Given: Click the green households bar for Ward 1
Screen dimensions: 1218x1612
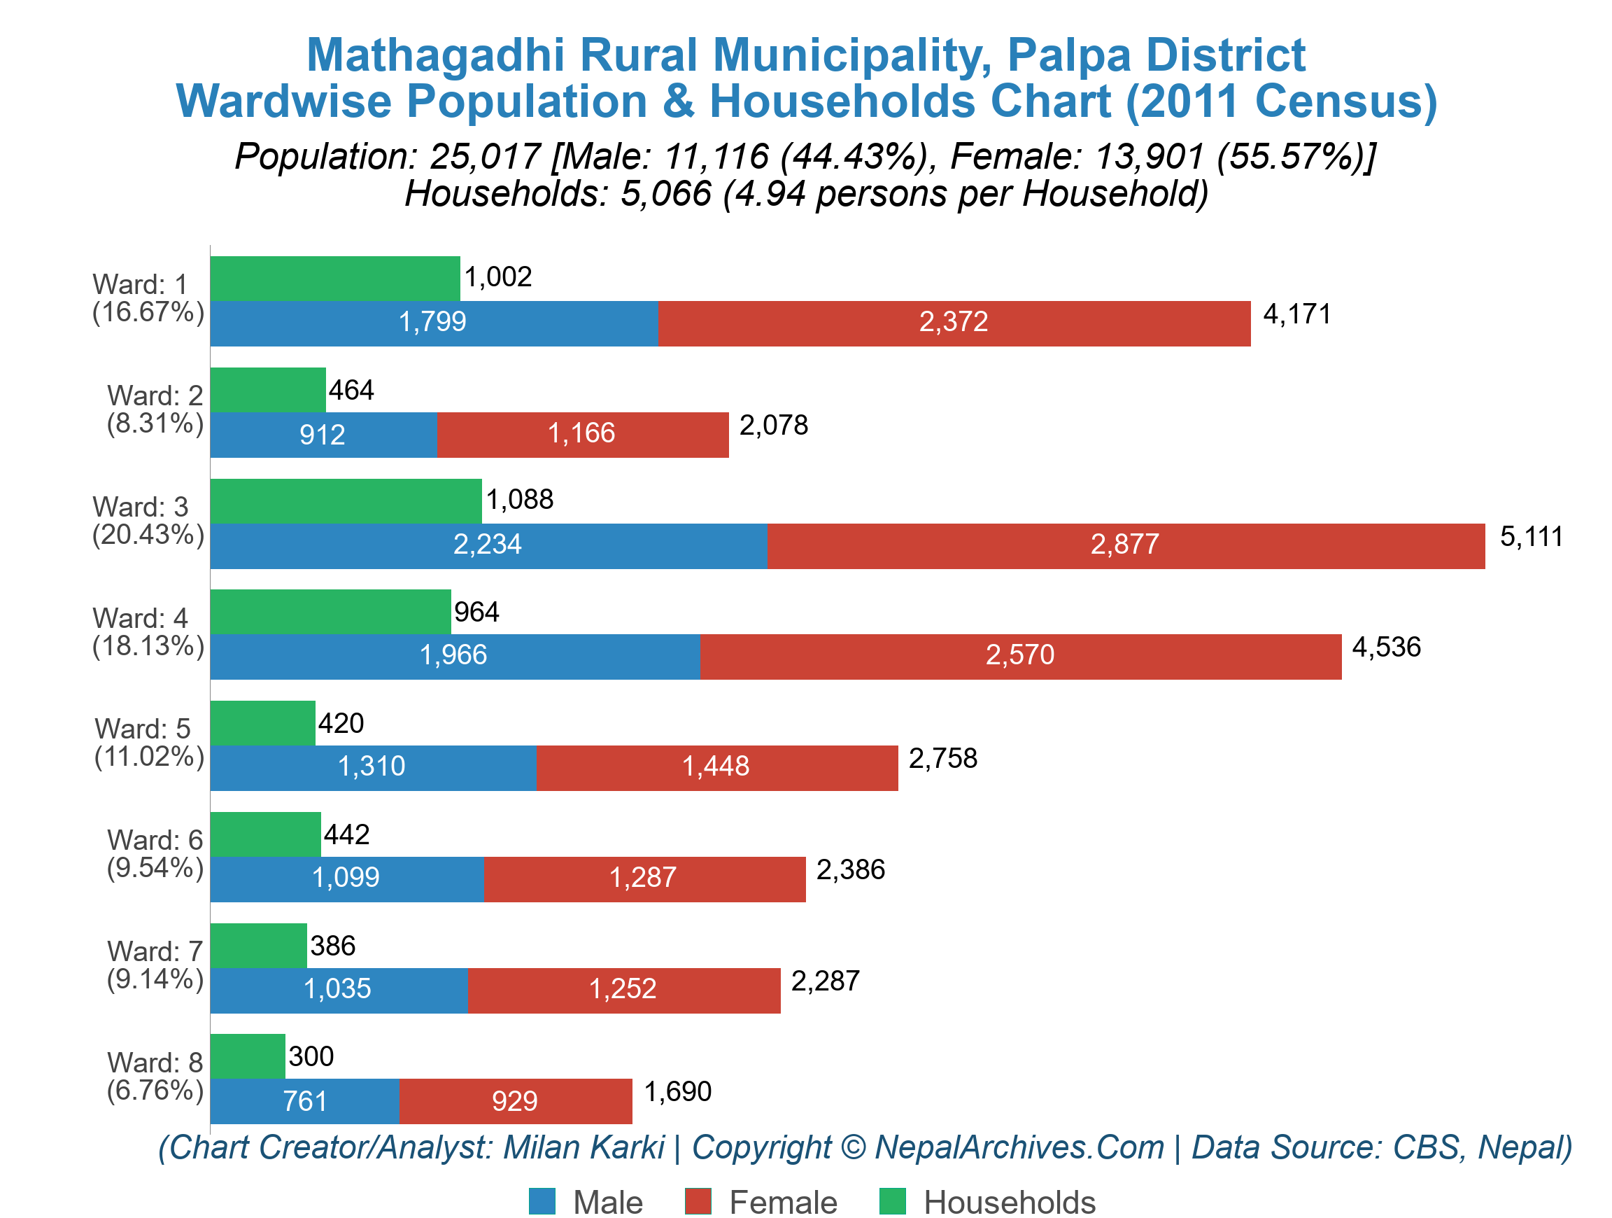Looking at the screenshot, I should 335,279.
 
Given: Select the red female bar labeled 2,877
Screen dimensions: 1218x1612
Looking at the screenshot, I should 1126,545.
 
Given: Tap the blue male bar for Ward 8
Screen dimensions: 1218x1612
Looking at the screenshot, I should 304,1101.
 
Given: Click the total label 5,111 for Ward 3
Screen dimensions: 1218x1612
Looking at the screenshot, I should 1530,537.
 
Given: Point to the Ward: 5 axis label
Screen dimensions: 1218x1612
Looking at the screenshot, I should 143,729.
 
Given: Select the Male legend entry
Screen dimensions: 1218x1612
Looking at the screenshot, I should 586,1202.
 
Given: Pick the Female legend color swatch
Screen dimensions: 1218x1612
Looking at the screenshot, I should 698,1201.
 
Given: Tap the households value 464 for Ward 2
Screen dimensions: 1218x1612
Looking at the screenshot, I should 351,391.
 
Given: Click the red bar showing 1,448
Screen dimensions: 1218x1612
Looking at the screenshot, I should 717,767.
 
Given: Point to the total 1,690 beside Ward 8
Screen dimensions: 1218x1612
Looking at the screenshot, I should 678,1092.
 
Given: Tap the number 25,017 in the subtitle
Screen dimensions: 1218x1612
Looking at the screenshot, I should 485,157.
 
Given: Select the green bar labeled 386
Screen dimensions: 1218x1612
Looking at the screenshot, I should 259,946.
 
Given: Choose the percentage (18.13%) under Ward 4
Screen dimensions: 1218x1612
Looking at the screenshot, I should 148,647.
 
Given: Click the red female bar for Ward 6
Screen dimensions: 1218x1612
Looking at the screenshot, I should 644,879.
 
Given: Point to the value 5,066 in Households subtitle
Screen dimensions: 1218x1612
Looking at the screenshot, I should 665,194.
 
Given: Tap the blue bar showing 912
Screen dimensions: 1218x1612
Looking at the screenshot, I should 323,435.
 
